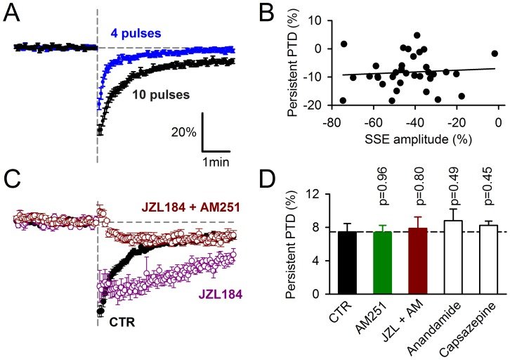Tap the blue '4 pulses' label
(x=137, y=33)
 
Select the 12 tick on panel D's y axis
(x=319, y=194)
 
